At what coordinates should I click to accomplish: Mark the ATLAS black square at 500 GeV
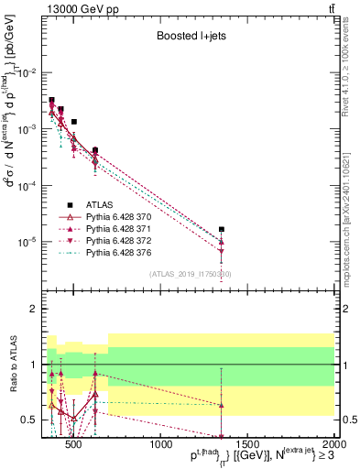click(x=74, y=121)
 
